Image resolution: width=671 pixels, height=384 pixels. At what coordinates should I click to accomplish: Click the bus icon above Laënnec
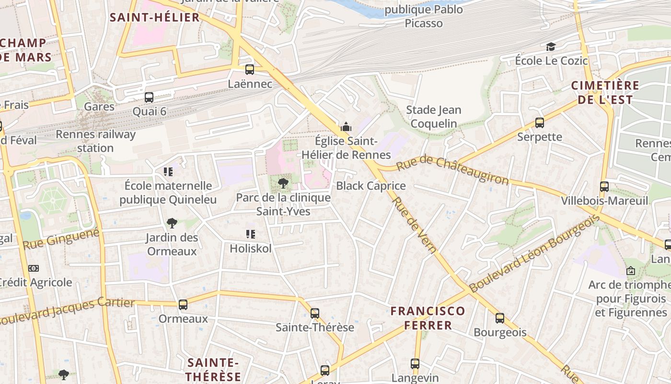pyautogui.click(x=249, y=69)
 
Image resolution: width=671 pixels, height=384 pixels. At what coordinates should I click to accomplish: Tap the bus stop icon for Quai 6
pyautogui.click(x=149, y=97)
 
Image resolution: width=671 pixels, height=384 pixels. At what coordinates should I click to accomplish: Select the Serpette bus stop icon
pyautogui.click(x=540, y=122)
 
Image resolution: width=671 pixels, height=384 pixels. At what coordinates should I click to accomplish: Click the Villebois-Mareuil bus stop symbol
pyautogui.click(x=604, y=186)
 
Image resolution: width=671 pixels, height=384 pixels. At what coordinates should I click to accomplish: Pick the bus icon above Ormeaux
pyautogui.click(x=183, y=304)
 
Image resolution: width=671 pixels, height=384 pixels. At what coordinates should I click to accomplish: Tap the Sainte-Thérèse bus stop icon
pyautogui.click(x=314, y=313)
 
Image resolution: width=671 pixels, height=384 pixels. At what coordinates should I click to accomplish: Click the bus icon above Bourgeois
pyautogui.click(x=500, y=318)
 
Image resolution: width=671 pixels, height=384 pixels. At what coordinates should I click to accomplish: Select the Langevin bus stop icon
pyautogui.click(x=415, y=364)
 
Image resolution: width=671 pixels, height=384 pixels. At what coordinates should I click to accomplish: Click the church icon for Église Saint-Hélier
pyautogui.click(x=346, y=127)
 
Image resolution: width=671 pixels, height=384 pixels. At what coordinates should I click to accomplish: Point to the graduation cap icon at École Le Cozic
pyautogui.click(x=551, y=47)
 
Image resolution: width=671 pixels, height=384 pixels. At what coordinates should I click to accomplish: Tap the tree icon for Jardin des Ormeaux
pyautogui.click(x=172, y=223)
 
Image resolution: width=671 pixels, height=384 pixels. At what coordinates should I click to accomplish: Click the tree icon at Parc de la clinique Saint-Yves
pyautogui.click(x=283, y=183)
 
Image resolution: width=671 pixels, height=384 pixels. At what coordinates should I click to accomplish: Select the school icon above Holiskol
pyautogui.click(x=250, y=234)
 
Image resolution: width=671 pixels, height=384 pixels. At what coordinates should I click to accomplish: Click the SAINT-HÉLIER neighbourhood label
pyautogui.click(x=154, y=18)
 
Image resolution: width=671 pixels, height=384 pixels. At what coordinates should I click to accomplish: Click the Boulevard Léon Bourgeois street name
pyautogui.click(x=534, y=254)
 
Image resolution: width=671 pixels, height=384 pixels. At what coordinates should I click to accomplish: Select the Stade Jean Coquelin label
pyautogui.click(x=434, y=117)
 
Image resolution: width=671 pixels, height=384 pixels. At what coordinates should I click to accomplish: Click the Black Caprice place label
pyautogui.click(x=371, y=186)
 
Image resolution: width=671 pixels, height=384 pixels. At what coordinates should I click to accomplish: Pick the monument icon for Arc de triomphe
pyautogui.click(x=630, y=271)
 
